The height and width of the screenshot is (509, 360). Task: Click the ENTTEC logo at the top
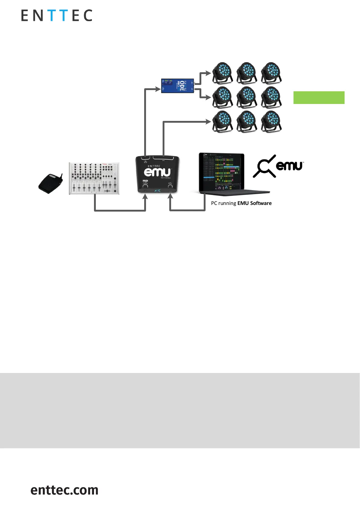click(57, 15)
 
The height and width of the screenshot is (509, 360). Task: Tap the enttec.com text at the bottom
click(64, 490)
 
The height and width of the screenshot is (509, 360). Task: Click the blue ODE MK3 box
click(177, 86)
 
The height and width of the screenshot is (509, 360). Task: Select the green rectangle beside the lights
click(319, 98)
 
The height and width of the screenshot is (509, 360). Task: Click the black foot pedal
click(50, 183)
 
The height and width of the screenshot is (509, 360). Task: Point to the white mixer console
click(94, 178)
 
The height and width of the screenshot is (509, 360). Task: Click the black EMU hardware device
click(157, 174)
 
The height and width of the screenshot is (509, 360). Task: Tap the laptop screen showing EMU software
click(222, 172)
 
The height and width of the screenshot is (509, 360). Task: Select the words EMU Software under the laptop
click(255, 203)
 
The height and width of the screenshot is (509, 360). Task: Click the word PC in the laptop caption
click(214, 203)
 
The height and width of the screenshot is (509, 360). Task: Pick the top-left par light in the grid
click(222, 73)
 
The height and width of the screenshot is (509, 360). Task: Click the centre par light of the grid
click(247, 97)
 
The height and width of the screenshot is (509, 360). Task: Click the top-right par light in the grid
click(271, 73)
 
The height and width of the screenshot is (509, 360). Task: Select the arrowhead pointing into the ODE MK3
click(158, 89)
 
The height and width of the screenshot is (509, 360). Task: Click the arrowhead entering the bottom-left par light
click(208, 122)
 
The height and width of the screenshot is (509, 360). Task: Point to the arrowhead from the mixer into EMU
click(145, 197)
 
